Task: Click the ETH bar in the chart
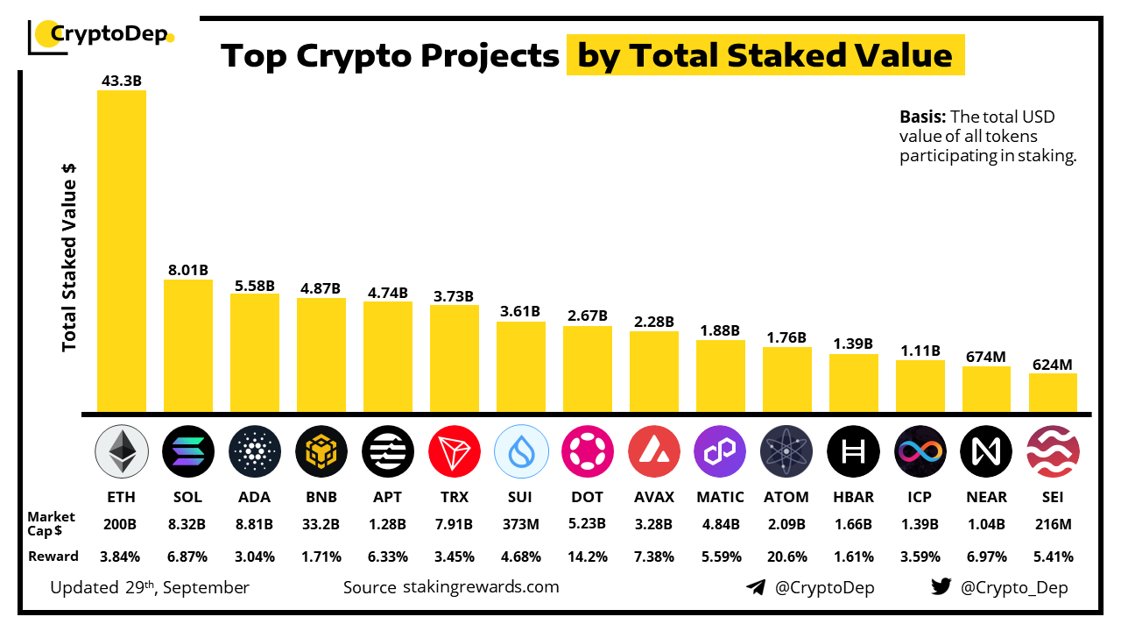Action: coord(121,251)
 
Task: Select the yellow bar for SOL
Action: coord(187,345)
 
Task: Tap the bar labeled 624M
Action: coord(1053,393)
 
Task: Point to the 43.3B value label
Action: coord(121,81)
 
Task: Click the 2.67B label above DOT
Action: coord(587,315)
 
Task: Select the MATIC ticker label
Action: coord(720,497)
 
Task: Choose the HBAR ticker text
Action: coord(853,497)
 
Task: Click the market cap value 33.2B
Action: coord(321,525)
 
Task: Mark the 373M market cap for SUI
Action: coord(520,525)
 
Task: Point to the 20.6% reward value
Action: coord(786,557)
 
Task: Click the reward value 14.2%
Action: coord(587,557)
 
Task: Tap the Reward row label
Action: coord(53,557)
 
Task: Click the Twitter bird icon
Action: coord(941,587)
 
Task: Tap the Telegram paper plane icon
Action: coord(756,587)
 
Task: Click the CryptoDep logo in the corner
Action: coord(102,35)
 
